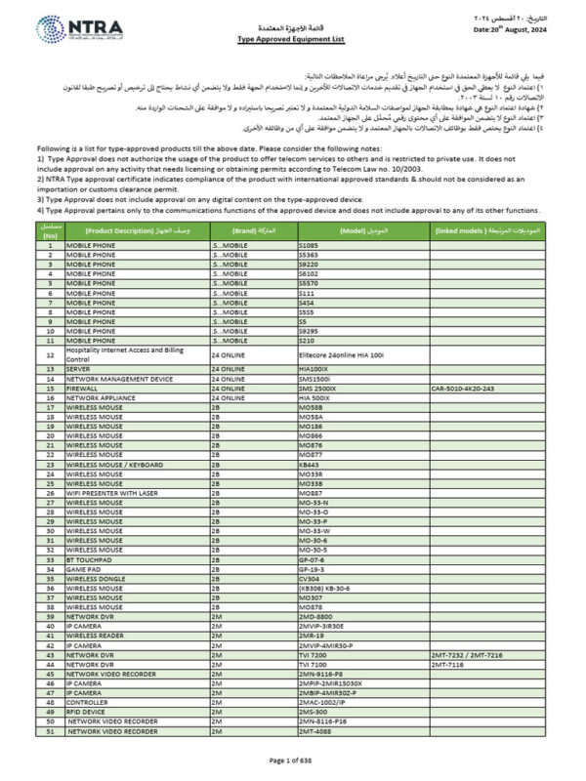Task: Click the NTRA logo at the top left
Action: [74, 32]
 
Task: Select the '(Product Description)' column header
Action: [118, 229]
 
